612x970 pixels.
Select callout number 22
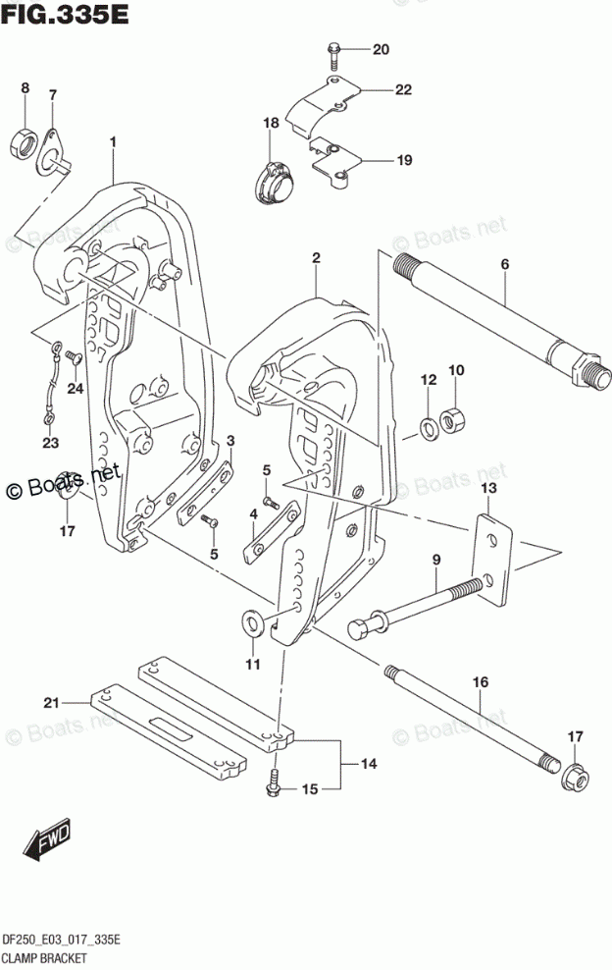click(x=403, y=90)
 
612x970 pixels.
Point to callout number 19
click(x=403, y=160)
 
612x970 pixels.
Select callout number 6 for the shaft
click(x=505, y=264)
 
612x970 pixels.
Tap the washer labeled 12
click(x=429, y=427)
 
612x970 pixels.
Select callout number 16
click(x=481, y=680)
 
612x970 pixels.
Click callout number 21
click(x=51, y=701)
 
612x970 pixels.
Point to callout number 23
click(x=50, y=443)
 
